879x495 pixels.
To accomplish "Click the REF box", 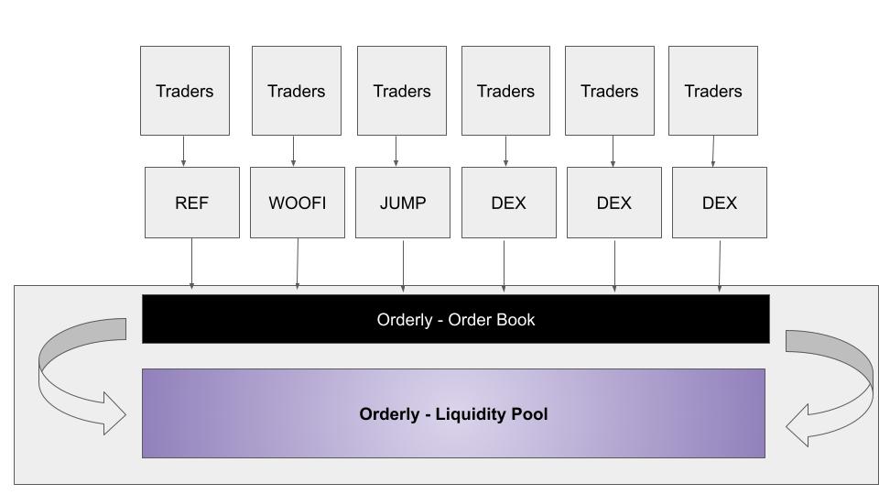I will (192, 203).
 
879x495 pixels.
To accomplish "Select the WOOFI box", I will (297, 203).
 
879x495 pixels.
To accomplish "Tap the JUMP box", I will (403, 203).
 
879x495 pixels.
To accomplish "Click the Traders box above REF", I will (184, 91).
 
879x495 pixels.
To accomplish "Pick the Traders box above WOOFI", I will (296, 91).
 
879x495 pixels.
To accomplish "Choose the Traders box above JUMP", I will (402, 91).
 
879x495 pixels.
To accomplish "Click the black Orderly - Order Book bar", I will (455, 319).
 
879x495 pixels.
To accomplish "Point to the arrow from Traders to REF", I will (184, 151).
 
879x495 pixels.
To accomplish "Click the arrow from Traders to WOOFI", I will (294, 151).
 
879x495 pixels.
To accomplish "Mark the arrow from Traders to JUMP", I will (396, 151).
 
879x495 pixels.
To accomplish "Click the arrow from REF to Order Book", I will (192, 264).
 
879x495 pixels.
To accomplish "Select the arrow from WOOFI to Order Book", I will (298, 264).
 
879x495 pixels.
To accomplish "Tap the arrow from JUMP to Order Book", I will (403, 264).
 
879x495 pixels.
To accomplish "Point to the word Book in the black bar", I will (516, 320).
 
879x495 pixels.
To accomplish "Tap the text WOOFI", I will (297, 203).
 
